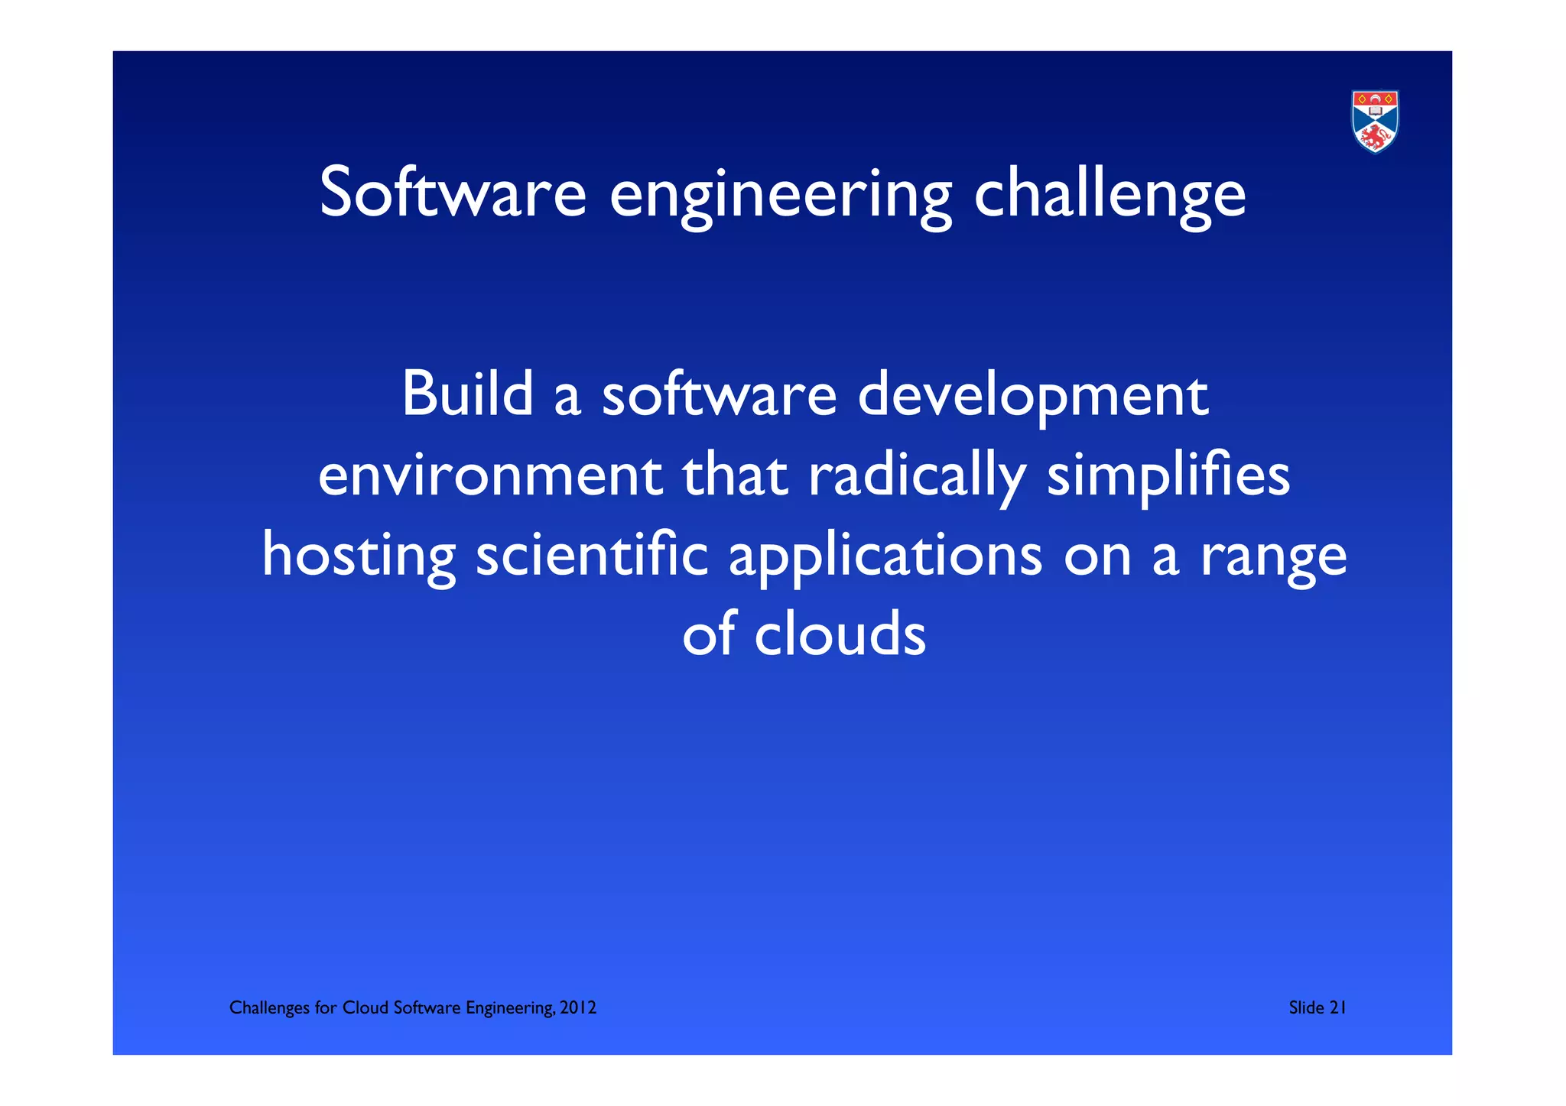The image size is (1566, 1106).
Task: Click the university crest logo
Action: (x=1375, y=122)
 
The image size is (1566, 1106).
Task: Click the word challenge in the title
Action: (x=1110, y=195)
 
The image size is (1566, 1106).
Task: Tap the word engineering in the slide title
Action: (x=781, y=196)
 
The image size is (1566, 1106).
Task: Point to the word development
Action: (x=1032, y=397)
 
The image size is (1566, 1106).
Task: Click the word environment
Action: (x=490, y=475)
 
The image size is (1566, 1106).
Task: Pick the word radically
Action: (x=917, y=477)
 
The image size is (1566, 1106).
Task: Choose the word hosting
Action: (x=359, y=556)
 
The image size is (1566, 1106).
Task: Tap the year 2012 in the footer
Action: (x=578, y=1008)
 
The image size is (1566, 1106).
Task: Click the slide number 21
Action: (x=1337, y=1008)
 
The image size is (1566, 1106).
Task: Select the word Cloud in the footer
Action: (x=365, y=1008)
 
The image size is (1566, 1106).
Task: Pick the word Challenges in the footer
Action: (x=269, y=1008)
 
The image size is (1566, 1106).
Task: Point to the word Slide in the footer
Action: (x=1306, y=1008)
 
